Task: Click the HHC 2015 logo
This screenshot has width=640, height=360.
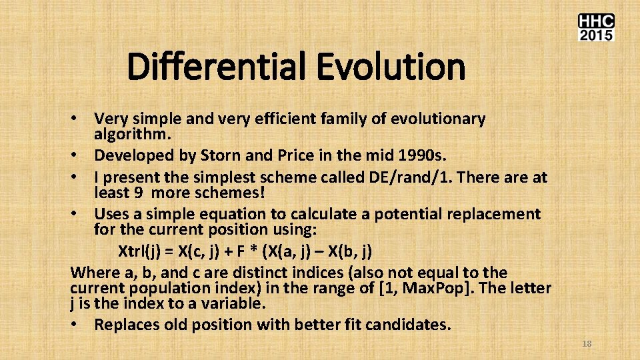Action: pyautogui.click(x=595, y=27)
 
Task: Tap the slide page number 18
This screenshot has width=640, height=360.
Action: pyautogui.click(x=587, y=344)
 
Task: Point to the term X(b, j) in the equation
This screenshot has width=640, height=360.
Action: pyautogui.click(x=347, y=252)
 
